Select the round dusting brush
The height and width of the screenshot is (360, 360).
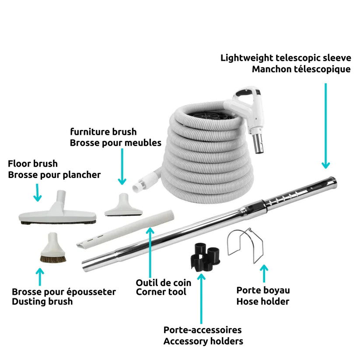pos(53,249)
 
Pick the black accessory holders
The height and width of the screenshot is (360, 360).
pos(205,256)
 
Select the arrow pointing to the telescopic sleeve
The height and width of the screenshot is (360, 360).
pos(325,126)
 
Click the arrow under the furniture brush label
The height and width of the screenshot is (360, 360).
pos(122,167)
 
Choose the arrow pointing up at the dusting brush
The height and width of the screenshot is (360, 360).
pos(40,277)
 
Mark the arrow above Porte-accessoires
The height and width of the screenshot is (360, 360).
pos(201,298)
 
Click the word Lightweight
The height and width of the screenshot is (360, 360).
pos(247,58)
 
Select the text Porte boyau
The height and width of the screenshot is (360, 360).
pos(263,290)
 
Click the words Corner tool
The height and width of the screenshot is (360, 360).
pos(161,292)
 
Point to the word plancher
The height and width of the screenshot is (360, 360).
pos(82,175)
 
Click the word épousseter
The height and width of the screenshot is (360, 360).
pos(91,292)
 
